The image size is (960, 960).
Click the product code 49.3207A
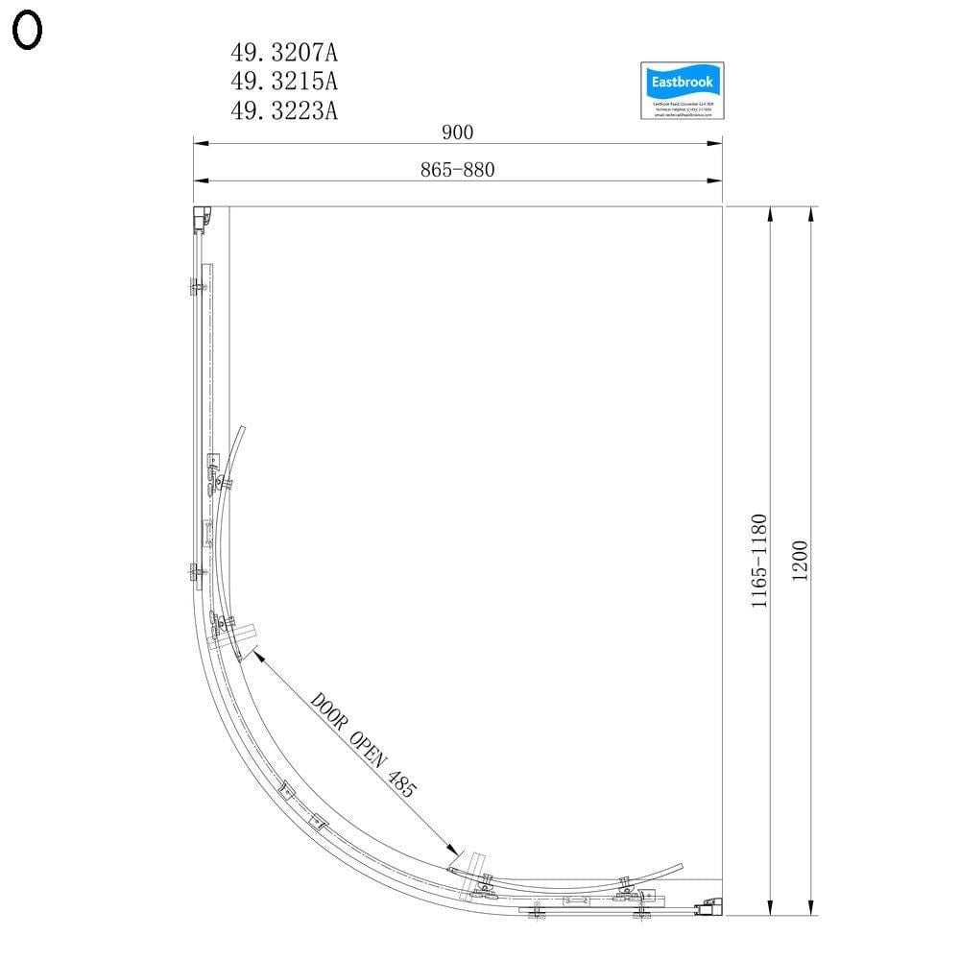click(283, 50)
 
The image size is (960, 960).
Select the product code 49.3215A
click(283, 80)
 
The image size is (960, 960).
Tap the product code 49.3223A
click(283, 110)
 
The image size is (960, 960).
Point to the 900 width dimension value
click(458, 132)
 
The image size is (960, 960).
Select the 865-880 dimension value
click(457, 170)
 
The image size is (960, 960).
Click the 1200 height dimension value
click(802, 560)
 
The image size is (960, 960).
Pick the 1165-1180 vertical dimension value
click(758, 561)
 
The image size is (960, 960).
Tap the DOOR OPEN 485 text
click(363, 745)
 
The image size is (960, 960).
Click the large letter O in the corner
click(27, 31)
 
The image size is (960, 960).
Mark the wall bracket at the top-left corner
click(202, 220)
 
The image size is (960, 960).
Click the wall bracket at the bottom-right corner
click(711, 905)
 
